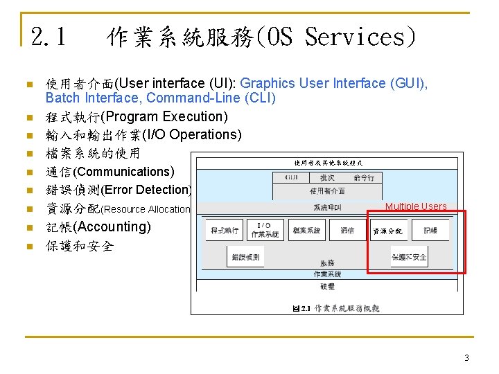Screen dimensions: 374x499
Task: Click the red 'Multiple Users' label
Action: (416, 206)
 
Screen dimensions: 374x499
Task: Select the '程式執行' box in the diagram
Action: (224, 230)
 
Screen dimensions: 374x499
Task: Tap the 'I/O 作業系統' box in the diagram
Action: (264, 230)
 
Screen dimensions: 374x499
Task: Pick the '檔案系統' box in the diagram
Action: (306, 230)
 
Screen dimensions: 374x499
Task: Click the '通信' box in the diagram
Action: (347, 230)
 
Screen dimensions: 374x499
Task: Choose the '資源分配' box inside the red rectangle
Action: (387, 231)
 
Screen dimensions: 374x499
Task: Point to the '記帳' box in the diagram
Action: (430, 230)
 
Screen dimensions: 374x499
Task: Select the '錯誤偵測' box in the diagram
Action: (245, 257)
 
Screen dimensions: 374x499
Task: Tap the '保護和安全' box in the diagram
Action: (409, 257)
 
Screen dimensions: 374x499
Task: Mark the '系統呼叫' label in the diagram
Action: (327, 207)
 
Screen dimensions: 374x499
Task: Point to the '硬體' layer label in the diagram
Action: (327, 285)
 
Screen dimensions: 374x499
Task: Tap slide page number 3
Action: (466, 358)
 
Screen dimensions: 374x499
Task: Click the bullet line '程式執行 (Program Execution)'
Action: (137, 116)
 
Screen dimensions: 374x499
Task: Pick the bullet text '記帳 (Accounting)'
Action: (98, 227)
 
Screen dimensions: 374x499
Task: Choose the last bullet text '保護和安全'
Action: (79, 246)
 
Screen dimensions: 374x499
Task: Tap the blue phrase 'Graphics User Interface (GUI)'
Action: (333, 84)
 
